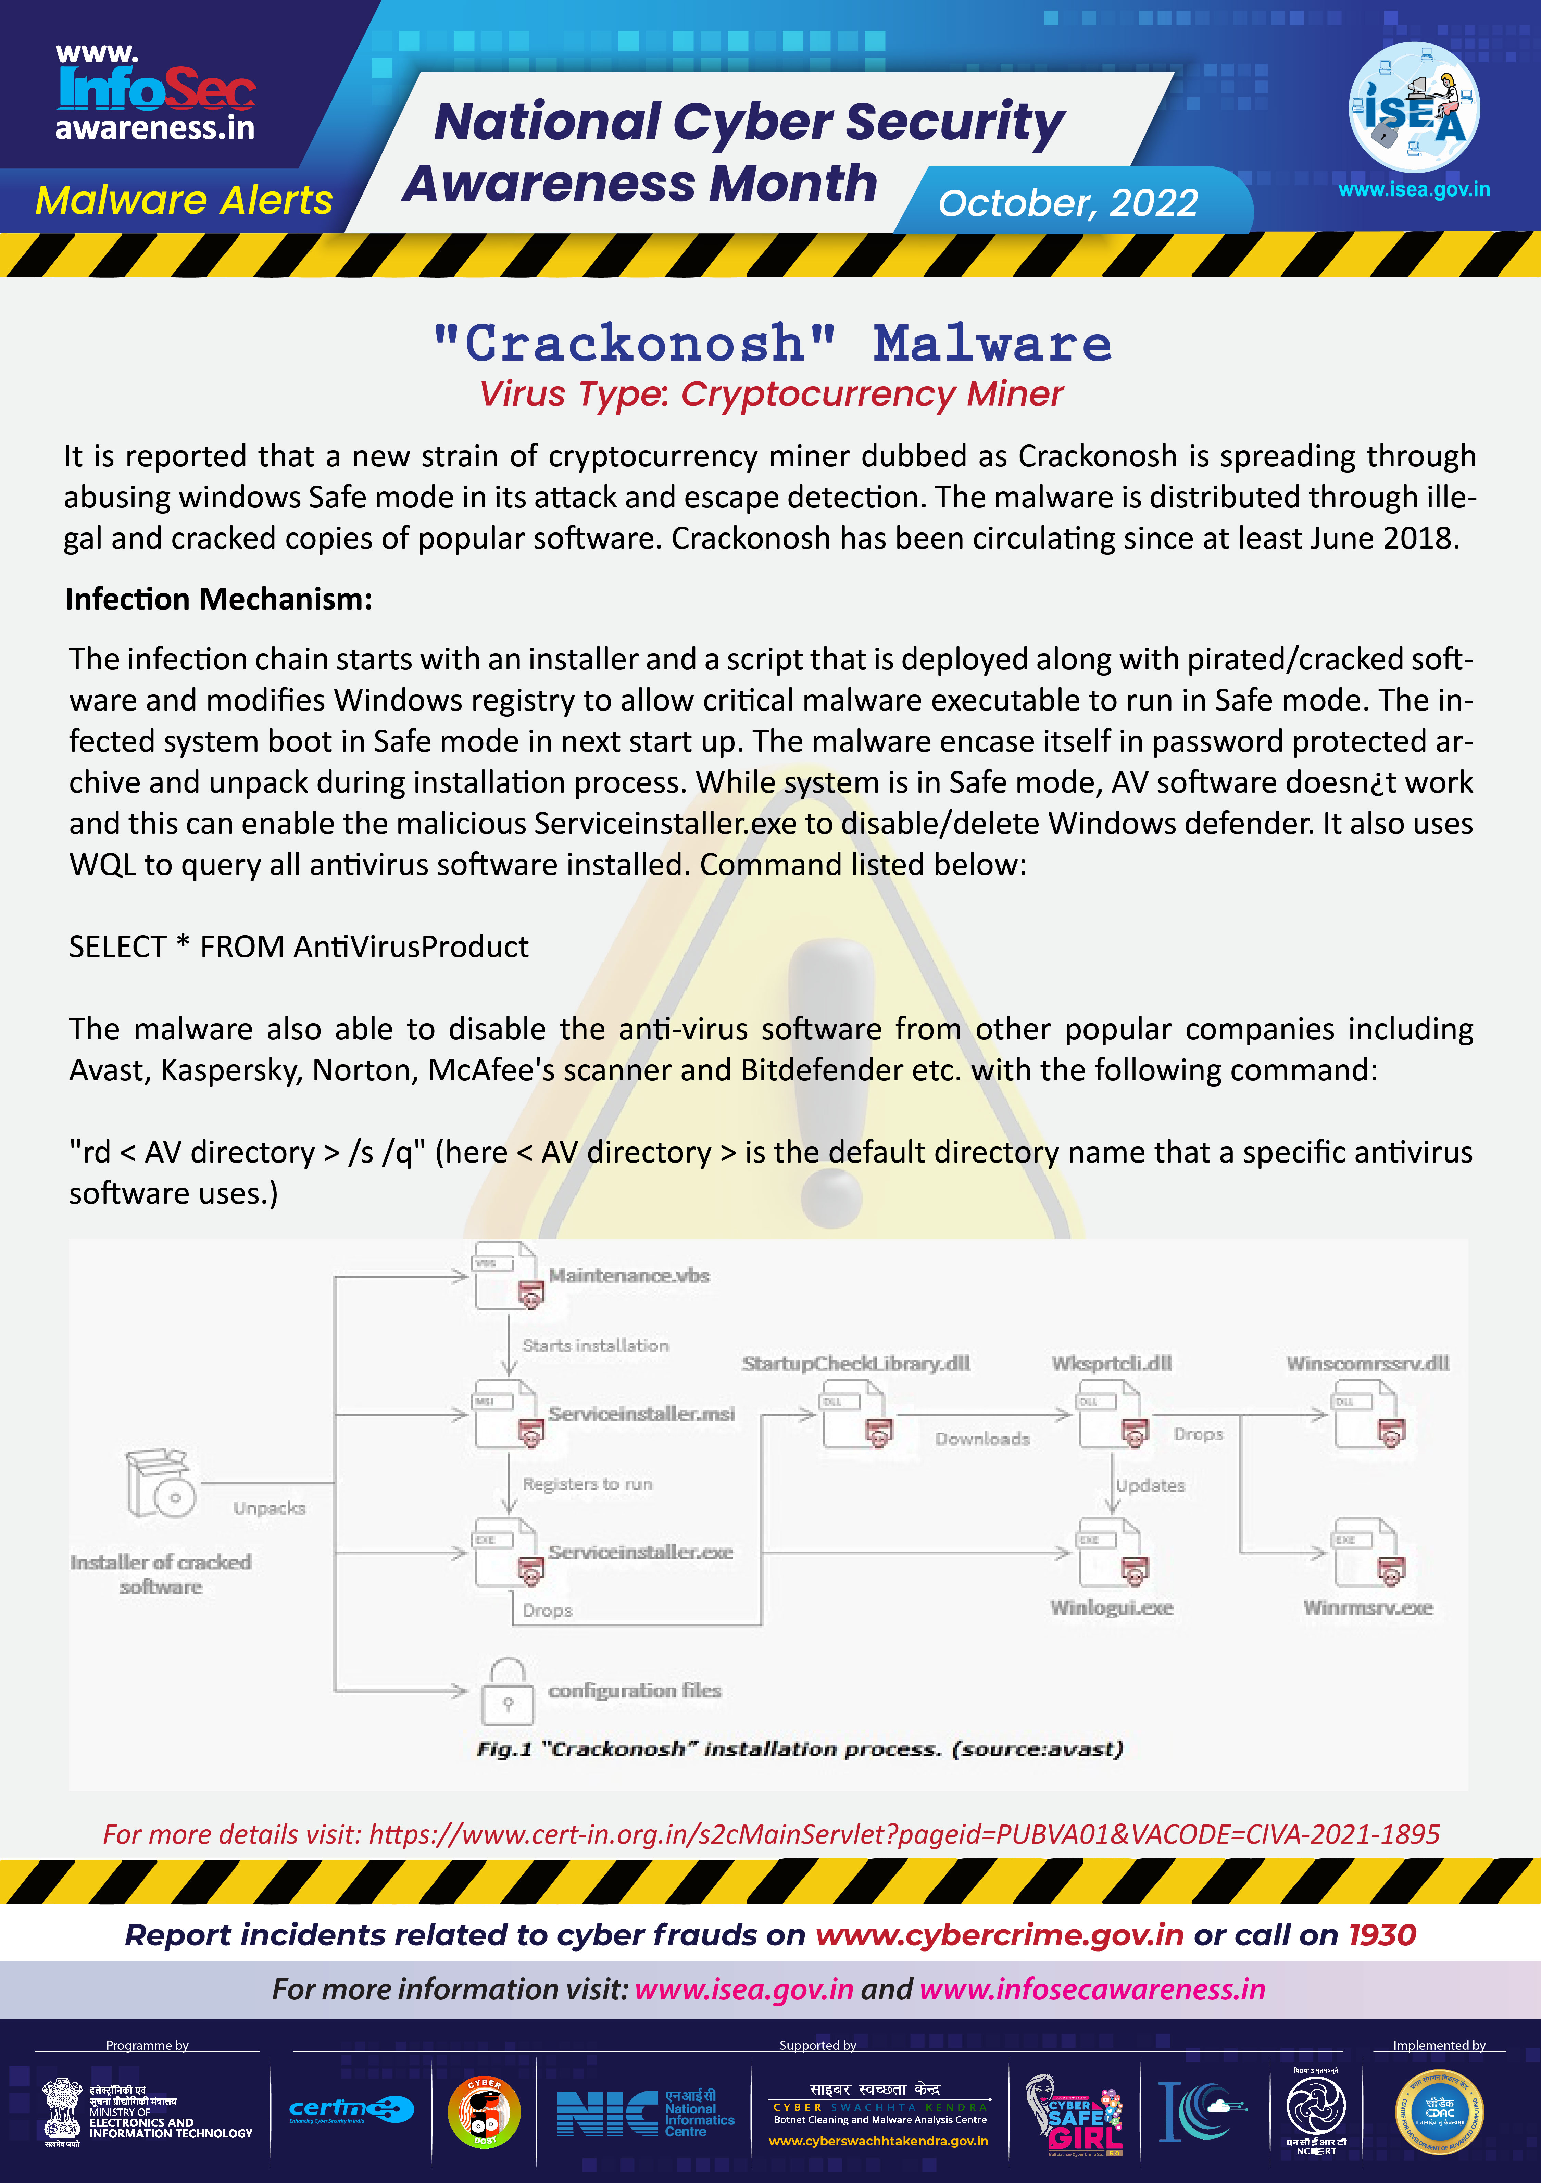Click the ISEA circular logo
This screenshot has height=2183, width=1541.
(1414, 106)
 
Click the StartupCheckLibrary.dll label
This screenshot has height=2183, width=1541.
(855, 1364)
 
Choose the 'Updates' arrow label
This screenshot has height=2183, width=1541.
(1150, 1485)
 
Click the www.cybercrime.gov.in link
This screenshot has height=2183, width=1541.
(999, 1935)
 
